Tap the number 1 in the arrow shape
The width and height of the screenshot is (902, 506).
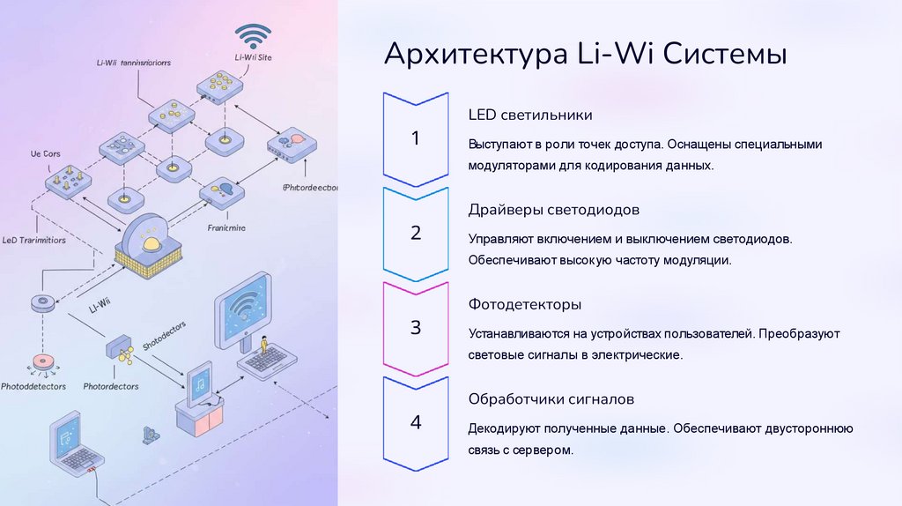416,138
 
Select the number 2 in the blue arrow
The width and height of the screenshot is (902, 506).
416,234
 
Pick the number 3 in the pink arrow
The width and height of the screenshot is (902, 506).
416,328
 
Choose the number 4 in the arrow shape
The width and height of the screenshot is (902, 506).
416,422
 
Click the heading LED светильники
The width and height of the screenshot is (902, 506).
530,115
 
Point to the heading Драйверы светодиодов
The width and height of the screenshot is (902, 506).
554,210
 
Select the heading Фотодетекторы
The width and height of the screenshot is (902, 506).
525,304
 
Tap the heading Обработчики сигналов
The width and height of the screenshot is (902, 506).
551,399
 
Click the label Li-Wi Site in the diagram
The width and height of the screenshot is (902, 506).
253,58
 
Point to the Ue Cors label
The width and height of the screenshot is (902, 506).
46,154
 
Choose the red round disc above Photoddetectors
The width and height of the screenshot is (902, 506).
41,361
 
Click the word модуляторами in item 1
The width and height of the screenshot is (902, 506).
507,165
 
